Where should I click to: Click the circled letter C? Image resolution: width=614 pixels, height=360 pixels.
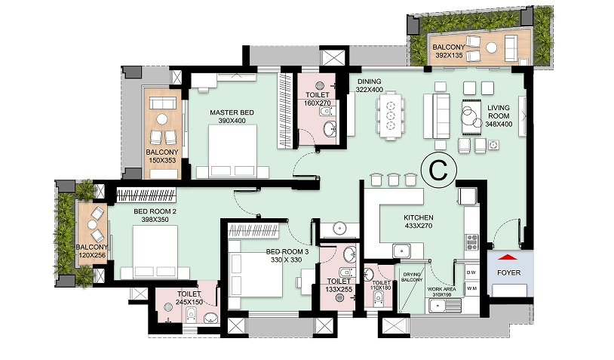pyautogui.click(x=438, y=170)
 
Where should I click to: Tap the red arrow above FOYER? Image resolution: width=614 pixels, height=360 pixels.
pyautogui.click(x=508, y=257)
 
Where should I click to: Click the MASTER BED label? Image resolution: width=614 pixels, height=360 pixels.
pyautogui.click(x=232, y=112)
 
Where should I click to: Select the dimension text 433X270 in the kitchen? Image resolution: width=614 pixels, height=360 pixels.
pyautogui.click(x=419, y=226)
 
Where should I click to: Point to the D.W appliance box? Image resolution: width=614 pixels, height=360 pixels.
pyautogui.click(x=471, y=272)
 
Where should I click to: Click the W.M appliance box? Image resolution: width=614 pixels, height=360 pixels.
pyautogui.click(x=471, y=288)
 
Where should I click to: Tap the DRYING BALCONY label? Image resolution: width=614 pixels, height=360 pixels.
pyautogui.click(x=412, y=277)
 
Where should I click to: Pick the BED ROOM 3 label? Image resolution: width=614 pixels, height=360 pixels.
pyautogui.click(x=287, y=251)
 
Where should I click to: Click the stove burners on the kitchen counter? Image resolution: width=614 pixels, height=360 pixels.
pyautogui.click(x=471, y=242)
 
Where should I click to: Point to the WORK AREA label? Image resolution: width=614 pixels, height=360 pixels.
pyautogui.click(x=442, y=289)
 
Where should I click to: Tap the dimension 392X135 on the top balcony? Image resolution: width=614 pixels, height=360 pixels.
pyautogui.click(x=449, y=56)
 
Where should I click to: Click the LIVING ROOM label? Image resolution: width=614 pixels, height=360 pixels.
pyautogui.click(x=499, y=112)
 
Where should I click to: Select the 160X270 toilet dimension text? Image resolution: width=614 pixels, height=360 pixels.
pyautogui.click(x=318, y=103)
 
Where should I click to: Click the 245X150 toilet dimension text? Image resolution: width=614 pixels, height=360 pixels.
pyautogui.click(x=189, y=302)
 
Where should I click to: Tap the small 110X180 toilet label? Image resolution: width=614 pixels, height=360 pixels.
pyautogui.click(x=382, y=288)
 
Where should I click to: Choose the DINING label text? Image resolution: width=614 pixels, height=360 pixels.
pyautogui.click(x=370, y=82)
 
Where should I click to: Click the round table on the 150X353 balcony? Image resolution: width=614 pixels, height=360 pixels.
pyautogui.click(x=162, y=119)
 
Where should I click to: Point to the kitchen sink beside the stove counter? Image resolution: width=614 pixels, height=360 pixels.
pyautogui.click(x=402, y=251)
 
